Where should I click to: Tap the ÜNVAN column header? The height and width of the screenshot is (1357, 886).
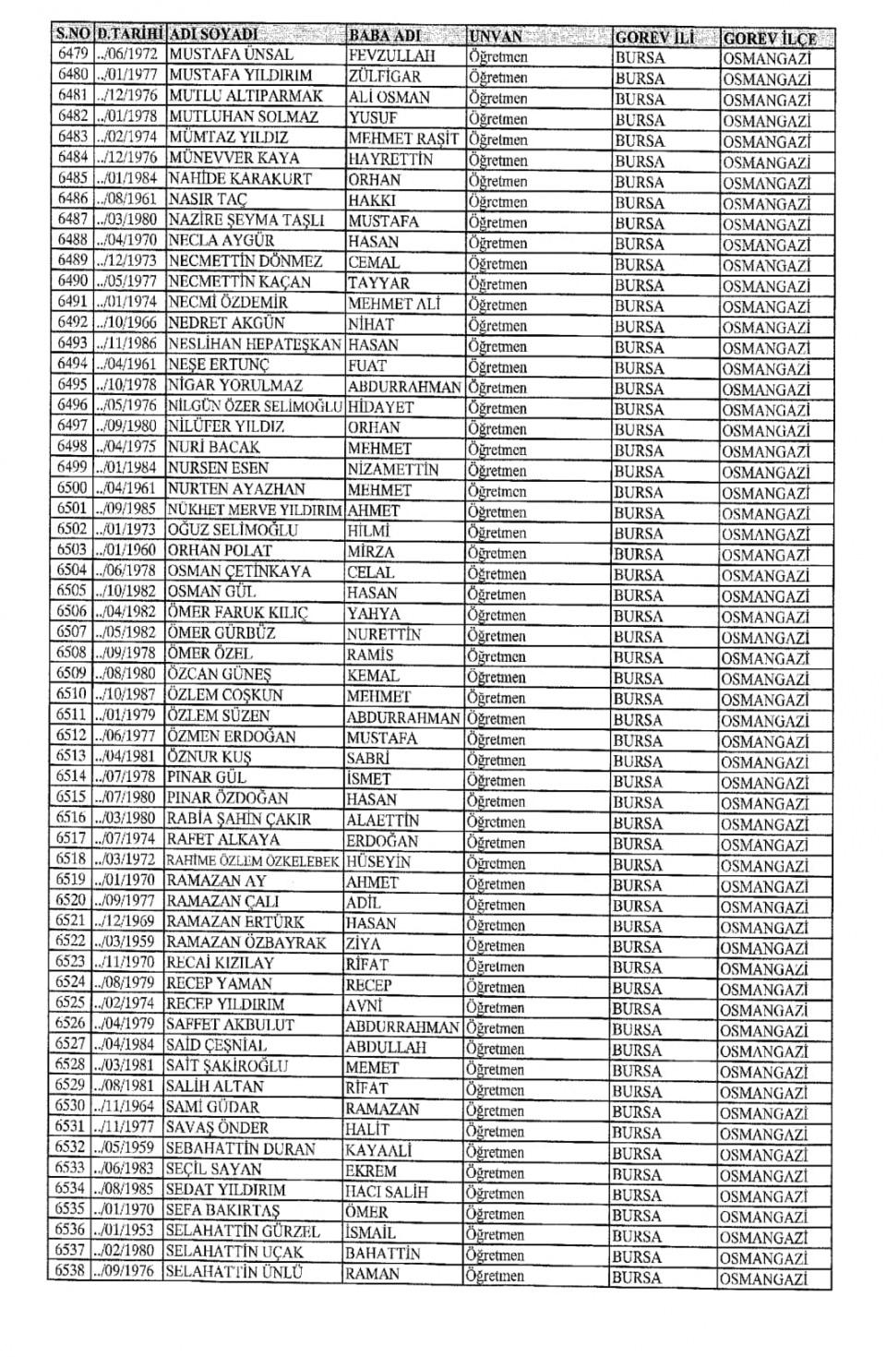pos(496,37)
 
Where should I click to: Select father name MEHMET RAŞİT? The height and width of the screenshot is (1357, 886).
pos(403,138)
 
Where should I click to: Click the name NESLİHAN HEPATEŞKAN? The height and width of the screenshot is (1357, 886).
pos(255,343)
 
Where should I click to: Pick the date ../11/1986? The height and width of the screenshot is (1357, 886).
pos(130,343)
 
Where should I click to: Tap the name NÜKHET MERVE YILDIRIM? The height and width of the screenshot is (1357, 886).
pos(255,510)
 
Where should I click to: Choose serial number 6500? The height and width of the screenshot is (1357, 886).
pos(72,488)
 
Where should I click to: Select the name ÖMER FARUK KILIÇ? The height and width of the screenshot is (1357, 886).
pos(237,613)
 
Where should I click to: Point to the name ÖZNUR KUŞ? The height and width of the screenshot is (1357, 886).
pos(209,757)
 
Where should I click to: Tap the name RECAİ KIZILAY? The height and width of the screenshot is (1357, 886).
pos(220,963)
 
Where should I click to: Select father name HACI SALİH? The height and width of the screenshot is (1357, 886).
pos(387,1192)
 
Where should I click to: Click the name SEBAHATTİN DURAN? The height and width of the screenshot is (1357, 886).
pos(240,1149)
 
